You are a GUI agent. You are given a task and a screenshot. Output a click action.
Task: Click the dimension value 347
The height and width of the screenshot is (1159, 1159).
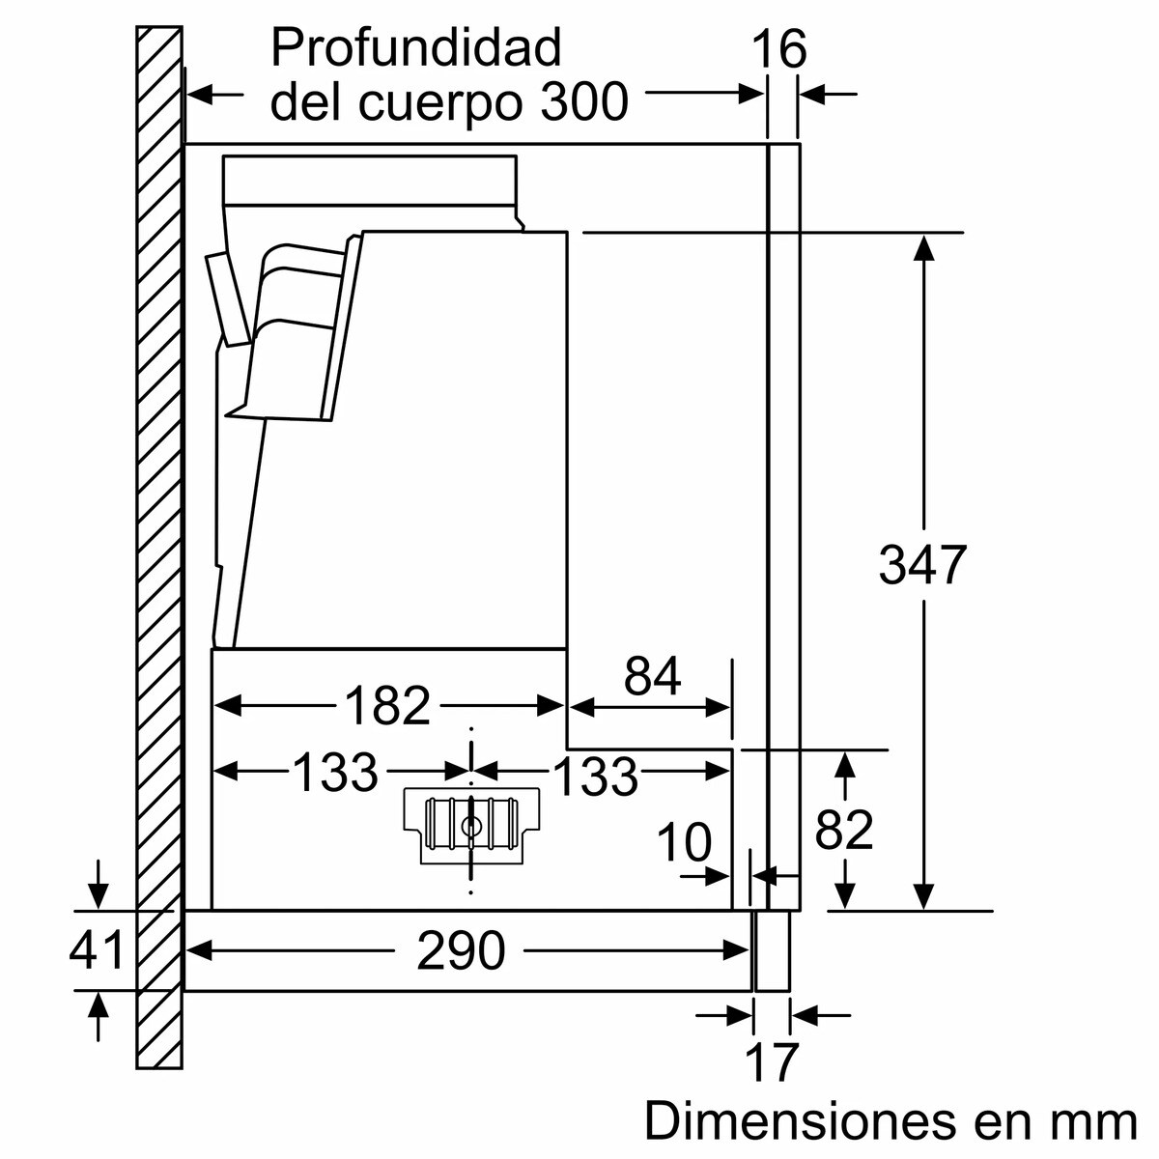(x=922, y=565)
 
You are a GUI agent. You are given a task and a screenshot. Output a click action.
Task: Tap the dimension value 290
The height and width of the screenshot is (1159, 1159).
(x=461, y=952)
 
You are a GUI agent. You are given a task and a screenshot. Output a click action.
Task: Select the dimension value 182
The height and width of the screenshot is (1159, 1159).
(x=386, y=706)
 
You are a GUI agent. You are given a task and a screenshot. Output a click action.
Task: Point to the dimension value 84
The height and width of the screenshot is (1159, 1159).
(x=653, y=677)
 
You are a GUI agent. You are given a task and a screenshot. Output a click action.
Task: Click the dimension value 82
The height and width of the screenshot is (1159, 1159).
(x=844, y=830)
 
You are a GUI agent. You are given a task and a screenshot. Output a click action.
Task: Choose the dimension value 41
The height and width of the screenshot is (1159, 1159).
(x=97, y=950)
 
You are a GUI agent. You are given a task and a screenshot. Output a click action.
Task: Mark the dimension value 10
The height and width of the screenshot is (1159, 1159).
(x=684, y=843)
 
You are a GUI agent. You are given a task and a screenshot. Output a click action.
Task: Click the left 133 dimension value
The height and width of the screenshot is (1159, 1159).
(x=335, y=772)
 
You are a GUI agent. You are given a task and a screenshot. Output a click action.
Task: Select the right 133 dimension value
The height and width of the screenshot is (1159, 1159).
(x=596, y=777)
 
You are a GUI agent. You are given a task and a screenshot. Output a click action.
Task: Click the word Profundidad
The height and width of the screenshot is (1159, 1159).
(x=415, y=46)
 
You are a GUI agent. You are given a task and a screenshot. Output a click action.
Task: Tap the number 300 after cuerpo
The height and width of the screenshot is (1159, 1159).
(x=584, y=100)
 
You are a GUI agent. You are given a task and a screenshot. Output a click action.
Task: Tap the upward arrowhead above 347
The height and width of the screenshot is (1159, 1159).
(x=924, y=247)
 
